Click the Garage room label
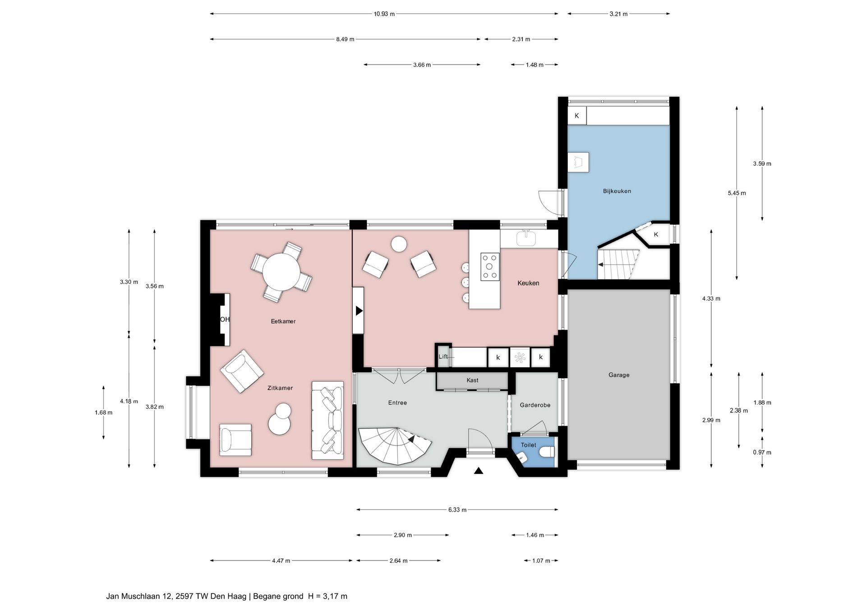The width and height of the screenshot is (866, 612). point(618,375)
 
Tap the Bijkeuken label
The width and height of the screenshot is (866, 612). point(617,191)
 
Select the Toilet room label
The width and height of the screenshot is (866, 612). point(529,445)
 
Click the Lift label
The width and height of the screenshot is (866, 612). point(443,356)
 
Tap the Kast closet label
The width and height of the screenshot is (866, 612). point(472,380)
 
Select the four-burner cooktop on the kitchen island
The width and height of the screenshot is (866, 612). point(490,266)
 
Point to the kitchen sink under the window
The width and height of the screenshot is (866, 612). point(526,238)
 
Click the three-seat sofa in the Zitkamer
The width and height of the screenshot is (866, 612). point(327,420)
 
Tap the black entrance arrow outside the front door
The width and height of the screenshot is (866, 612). point(479,471)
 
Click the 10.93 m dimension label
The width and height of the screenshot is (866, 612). point(384,14)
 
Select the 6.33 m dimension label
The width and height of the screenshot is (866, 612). point(457,510)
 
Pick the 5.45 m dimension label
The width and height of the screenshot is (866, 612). point(737,193)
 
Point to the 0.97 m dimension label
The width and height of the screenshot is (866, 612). point(762,452)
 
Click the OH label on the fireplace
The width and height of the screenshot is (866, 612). point(225,320)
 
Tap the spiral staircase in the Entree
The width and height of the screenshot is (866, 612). point(395,446)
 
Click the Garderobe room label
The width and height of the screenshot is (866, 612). point(535,405)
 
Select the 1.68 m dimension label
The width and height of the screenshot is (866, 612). point(103,412)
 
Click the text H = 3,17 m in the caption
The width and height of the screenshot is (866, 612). point(327,596)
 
